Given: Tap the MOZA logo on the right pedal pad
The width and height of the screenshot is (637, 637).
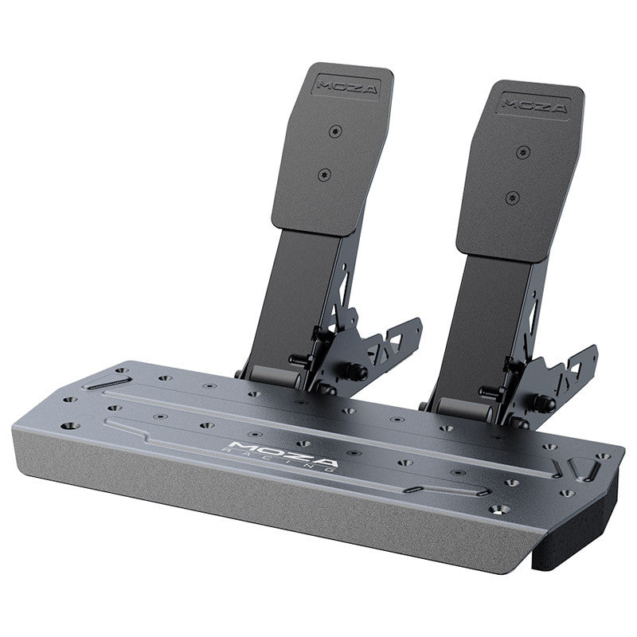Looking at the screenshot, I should tap(535, 105).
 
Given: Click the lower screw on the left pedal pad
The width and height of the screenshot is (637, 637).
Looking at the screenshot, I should tap(323, 174).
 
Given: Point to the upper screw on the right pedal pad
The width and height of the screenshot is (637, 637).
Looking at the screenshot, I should tap(522, 152).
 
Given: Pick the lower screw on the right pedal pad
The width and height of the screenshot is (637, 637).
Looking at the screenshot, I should tap(511, 197).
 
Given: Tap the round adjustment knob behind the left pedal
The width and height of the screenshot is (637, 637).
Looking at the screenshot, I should tap(357, 372).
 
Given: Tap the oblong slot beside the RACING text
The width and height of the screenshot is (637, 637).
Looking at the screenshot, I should tap(420, 486).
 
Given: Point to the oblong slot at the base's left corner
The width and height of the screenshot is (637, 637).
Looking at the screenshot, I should tap(102, 384).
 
